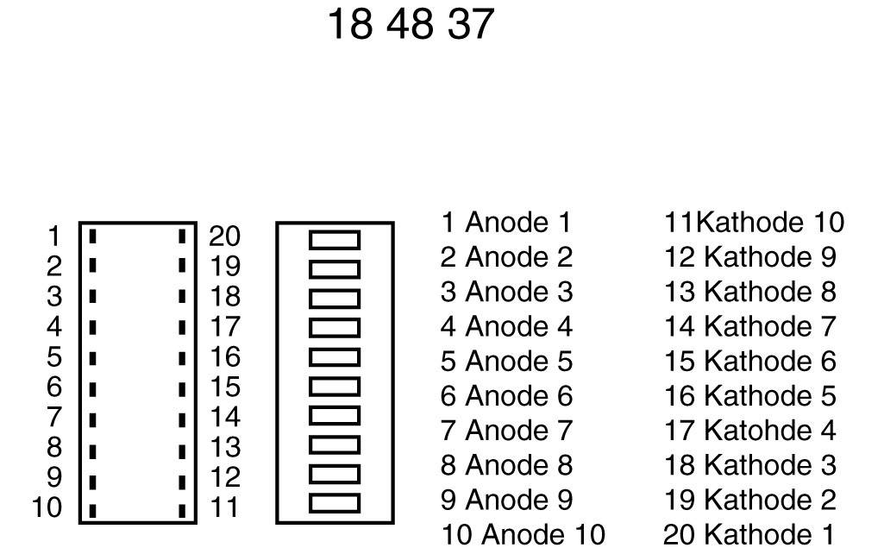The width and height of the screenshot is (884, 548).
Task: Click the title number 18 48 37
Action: [x=411, y=24]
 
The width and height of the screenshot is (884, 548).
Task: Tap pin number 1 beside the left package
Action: [x=54, y=236]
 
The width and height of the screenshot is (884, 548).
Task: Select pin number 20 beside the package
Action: [x=224, y=236]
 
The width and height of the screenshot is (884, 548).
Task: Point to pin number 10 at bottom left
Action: [x=47, y=507]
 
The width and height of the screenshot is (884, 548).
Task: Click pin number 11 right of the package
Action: [x=224, y=507]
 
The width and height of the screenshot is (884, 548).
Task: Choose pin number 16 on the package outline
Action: [x=224, y=356]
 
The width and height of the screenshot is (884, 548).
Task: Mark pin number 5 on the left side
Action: [x=54, y=356]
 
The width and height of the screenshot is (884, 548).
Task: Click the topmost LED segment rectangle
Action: [x=335, y=239]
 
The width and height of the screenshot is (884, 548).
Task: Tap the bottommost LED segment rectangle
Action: [x=335, y=502]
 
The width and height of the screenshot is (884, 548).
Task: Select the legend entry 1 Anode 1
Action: [x=506, y=223]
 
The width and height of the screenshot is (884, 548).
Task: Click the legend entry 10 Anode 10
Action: [x=523, y=534]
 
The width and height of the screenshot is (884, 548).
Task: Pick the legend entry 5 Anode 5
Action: [x=506, y=361]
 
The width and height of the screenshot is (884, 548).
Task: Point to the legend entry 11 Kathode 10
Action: [x=754, y=223]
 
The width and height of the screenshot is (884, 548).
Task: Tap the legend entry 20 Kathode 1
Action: [x=749, y=534]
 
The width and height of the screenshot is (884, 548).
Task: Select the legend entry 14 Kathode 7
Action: [x=749, y=326]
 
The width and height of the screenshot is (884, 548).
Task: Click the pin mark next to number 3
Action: [x=92, y=297]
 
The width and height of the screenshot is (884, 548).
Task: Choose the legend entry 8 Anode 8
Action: [x=506, y=465]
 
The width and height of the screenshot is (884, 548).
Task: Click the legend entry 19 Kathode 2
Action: [x=749, y=500]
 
